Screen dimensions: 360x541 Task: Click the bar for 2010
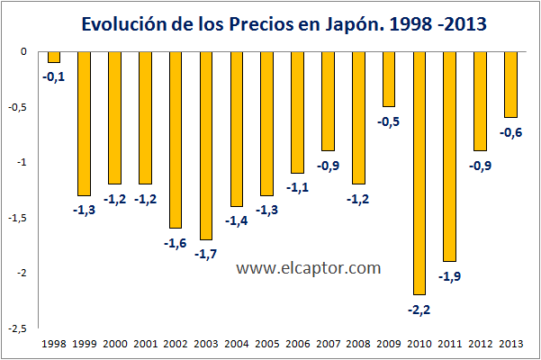point(419,173)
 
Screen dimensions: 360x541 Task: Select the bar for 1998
point(54,57)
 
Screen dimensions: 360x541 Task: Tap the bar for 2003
point(207,145)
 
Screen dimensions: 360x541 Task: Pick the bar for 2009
point(389,79)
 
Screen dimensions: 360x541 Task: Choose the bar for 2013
point(510,85)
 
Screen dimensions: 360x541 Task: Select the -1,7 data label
point(206,254)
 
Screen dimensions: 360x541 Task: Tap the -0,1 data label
point(54,76)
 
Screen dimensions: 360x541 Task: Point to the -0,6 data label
point(510,132)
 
